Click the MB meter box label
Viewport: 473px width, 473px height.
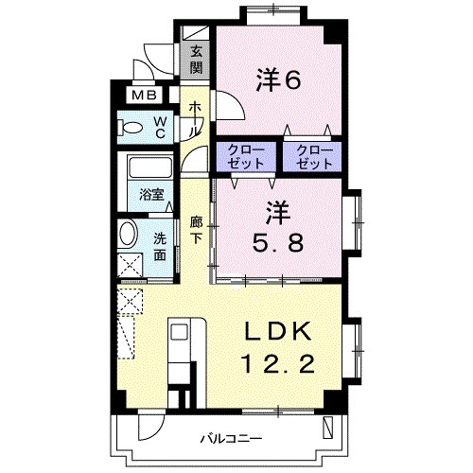click(144, 95)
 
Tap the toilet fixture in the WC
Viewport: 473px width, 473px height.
click(130, 128)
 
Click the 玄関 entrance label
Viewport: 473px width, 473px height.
click(196, 60)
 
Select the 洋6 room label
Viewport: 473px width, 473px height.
click(278, 80)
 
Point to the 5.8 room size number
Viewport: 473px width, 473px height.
click(278, 243)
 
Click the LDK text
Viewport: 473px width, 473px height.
click(278, 331)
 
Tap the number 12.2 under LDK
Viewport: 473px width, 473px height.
click(278, 363)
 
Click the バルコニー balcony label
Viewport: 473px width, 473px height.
click(232, 439)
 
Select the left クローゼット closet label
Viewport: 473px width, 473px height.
click(246, 157)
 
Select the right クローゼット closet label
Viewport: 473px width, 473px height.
click(315, 157)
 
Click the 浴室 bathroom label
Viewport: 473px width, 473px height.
click(151, 195)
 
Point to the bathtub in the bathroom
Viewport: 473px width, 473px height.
click(150, 166)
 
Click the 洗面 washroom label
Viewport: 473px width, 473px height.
click(160, 247)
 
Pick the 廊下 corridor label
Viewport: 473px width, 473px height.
click(196, 230)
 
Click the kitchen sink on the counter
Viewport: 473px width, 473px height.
click(180, 332)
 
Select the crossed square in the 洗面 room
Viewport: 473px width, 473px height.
click(131, 266)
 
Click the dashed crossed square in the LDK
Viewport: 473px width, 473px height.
click(131, 302)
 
